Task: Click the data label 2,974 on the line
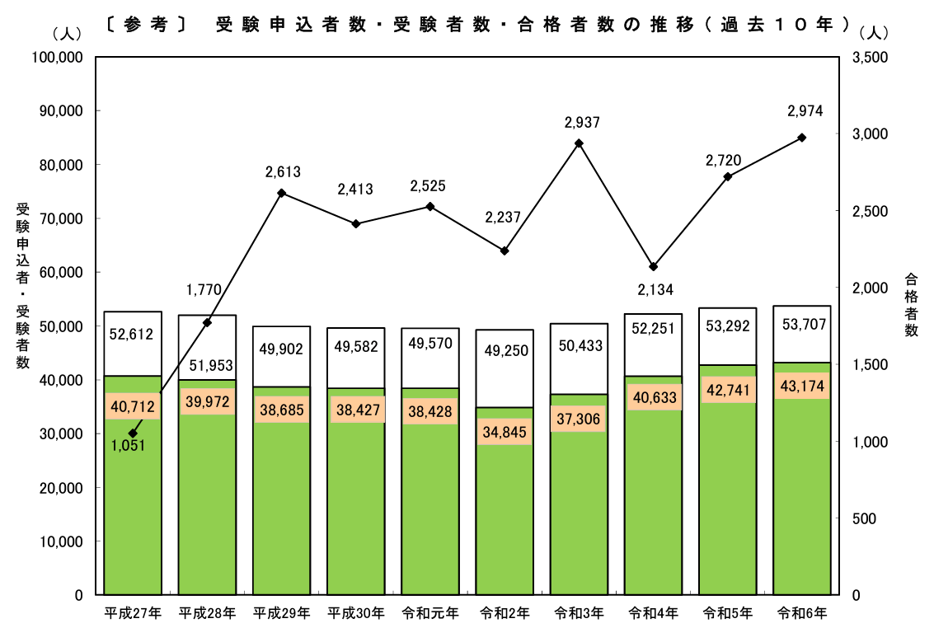coord(805,111)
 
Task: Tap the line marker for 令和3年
coord(579,143)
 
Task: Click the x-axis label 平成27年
coord(133,613)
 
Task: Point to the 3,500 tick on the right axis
coord(871,58)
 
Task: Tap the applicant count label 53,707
coord(802,324)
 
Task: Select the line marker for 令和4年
coord(653,266)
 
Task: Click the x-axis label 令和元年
coord(430,613)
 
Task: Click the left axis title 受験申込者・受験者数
coord(22,284)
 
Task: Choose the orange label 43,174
coord(802,385)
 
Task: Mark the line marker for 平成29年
coord(281,193)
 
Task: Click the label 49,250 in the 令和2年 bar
coord(504,350)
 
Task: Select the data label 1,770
coord(204,289)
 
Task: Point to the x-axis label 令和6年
coord(802,613)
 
